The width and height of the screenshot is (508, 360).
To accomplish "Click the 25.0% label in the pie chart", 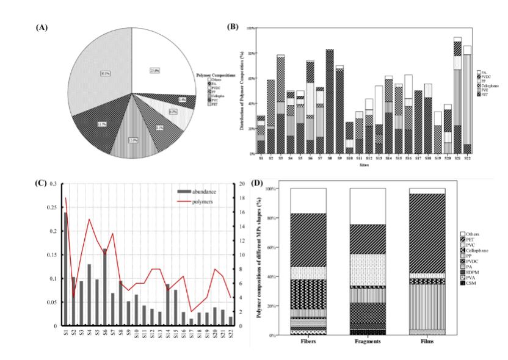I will [154, 70].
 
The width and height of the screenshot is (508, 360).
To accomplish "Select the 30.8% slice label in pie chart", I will [106, 73].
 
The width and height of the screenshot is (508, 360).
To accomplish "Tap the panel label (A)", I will [42, 27].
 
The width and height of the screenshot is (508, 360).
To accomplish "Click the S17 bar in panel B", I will [419, 122].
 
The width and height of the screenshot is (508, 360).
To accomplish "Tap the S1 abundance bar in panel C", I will [65, 269].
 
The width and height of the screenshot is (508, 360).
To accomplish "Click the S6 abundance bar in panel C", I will [105, 287].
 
